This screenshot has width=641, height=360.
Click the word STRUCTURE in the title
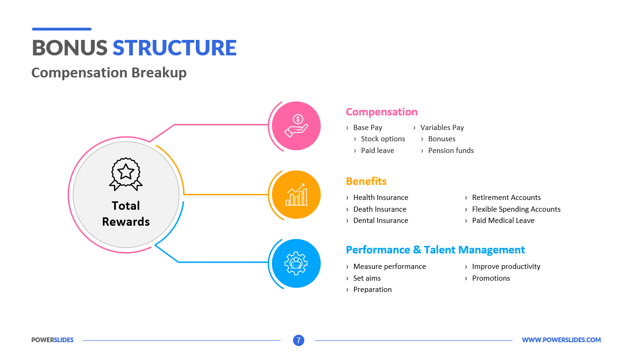[174, 48]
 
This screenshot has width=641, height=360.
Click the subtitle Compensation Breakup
[109, 73]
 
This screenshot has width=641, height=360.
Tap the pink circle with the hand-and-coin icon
[296, 126]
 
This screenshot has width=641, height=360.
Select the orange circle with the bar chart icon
[296, 195]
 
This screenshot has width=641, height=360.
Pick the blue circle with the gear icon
[296, 264]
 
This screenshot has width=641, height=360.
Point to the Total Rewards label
[126, 214]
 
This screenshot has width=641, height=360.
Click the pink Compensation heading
[381, 112]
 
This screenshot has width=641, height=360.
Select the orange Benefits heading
[366, 181]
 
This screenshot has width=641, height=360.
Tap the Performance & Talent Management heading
[435, 250]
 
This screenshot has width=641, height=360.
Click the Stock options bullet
[383, 139]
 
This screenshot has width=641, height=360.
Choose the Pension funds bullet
[451, 151]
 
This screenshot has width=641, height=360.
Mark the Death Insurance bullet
[379, 209]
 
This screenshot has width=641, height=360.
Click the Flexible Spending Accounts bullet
[516, 209]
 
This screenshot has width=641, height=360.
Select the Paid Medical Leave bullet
[503, 221]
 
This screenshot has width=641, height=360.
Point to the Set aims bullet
[367, 278]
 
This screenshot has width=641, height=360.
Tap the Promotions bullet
[491, 278]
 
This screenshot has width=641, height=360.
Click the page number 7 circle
[299, 340]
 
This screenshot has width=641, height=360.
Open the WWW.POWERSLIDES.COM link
[561, 340]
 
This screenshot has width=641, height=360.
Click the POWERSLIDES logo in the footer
[53, 340]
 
